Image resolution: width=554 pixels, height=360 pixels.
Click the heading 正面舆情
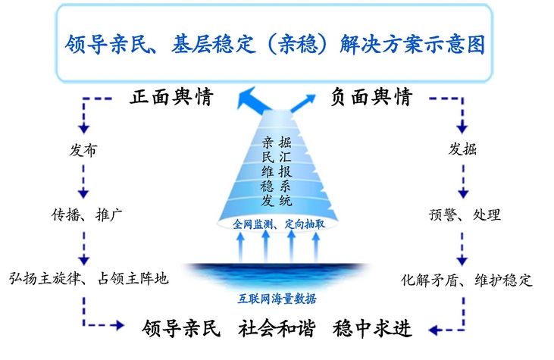(171, 96)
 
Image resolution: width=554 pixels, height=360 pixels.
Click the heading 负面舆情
(371, 96)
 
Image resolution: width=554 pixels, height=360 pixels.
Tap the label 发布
(83, 150)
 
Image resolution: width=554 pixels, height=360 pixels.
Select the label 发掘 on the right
(462, 149)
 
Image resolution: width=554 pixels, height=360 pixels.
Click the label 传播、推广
(87, 214)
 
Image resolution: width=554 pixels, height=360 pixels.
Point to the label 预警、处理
(465, 214)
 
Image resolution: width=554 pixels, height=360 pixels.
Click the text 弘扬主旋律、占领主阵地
(89, 278)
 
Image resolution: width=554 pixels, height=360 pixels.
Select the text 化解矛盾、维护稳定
(467, 280)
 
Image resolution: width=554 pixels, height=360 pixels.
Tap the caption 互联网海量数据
(277, 299)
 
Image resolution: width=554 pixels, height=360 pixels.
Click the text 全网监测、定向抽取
(279, 224)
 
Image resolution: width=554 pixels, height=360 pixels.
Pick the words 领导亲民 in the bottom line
(181, 328)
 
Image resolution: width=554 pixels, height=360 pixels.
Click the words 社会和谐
(277, 328)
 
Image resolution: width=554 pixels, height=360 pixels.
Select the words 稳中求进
(372, 328)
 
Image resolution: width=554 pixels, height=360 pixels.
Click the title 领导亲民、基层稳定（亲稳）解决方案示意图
(274, 44)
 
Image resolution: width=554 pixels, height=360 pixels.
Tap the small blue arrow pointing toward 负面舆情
(303, 102)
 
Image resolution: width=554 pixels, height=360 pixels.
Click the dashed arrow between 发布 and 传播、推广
(83, 180)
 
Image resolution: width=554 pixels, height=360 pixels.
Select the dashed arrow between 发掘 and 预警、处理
(463, 180)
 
